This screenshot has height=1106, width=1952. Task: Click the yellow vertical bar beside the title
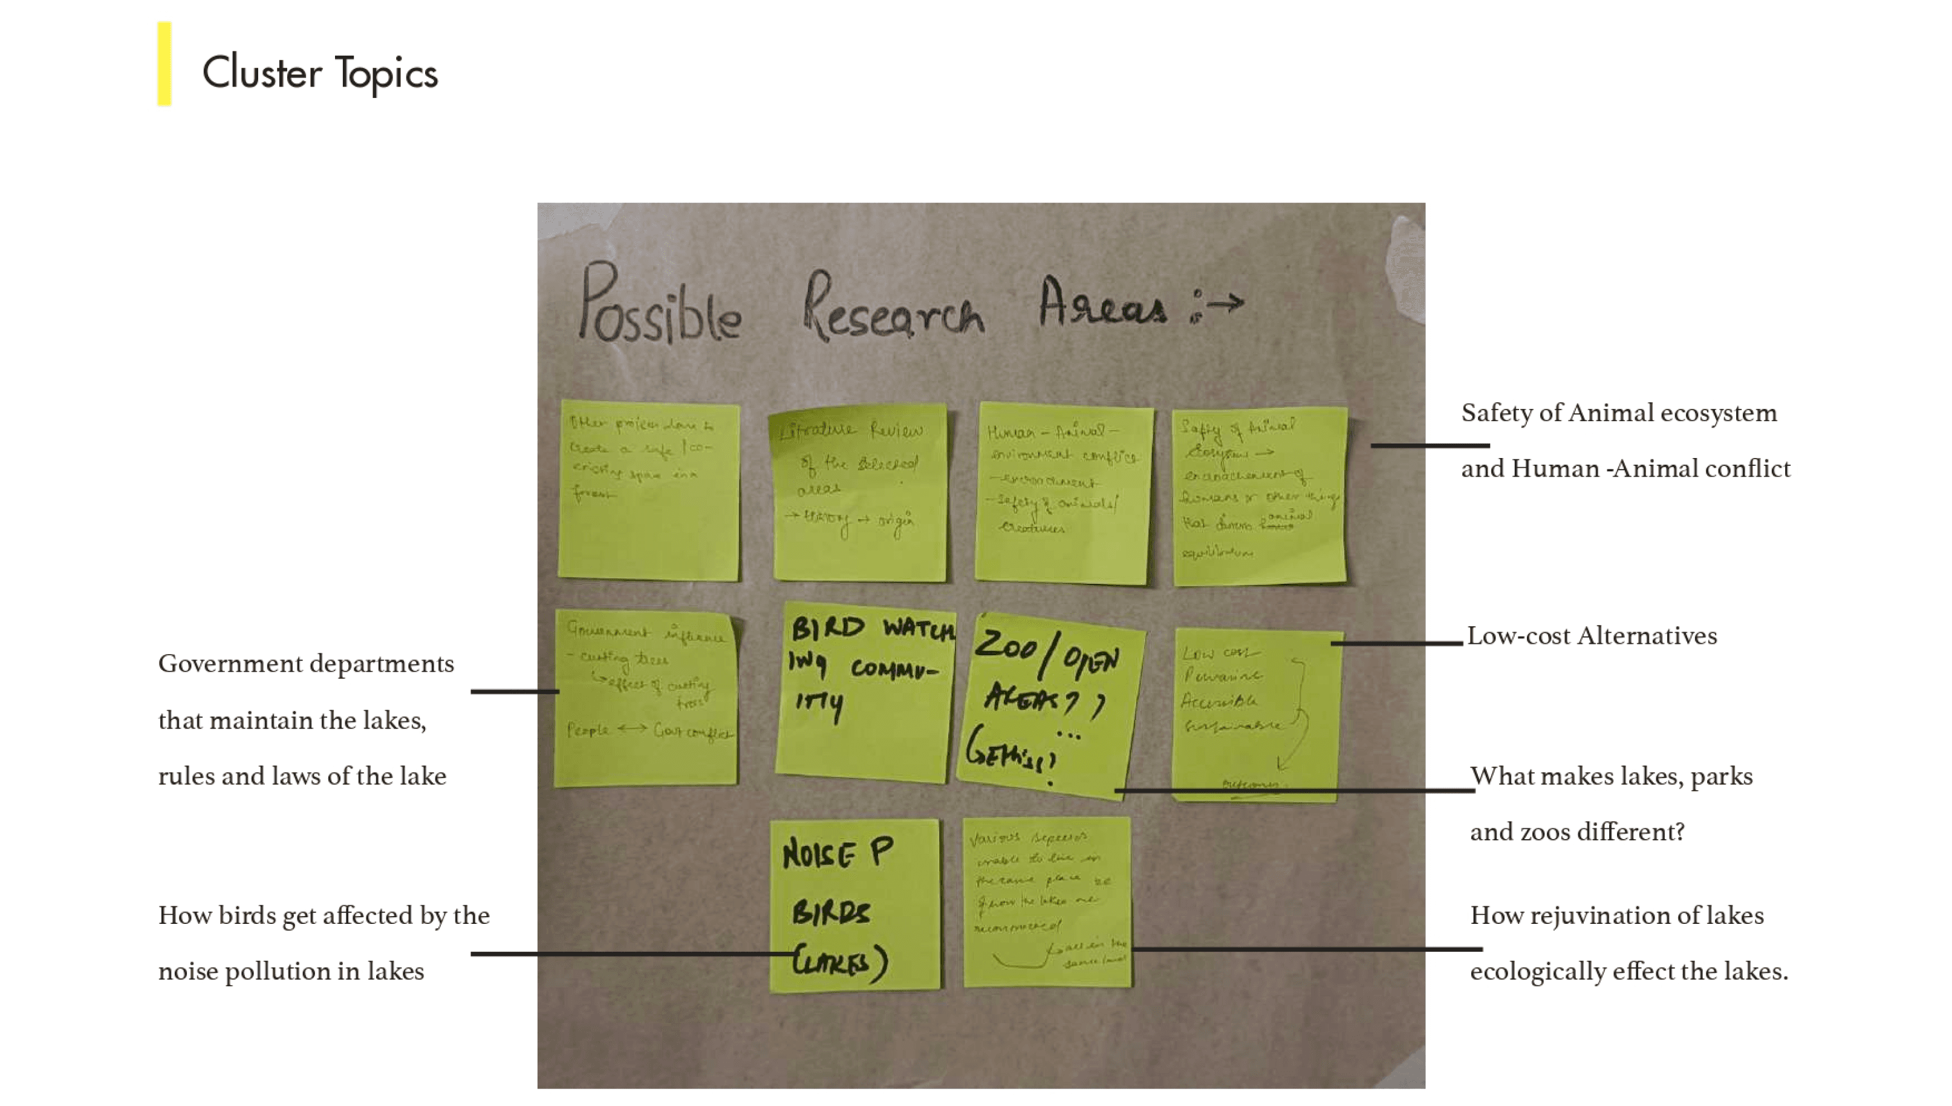coord(164,64)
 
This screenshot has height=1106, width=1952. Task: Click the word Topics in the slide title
coord(386,74)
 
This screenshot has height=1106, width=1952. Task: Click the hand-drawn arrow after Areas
coord(1224,304)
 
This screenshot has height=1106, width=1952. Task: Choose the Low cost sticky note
coord(1257,714)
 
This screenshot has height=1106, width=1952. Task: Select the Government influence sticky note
coord(646,698)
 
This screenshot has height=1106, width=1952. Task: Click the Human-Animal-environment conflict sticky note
coord(1063,494)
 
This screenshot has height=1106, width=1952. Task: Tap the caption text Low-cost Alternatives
coord(1592,636)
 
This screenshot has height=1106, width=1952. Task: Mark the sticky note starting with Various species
coord(1047,903)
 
